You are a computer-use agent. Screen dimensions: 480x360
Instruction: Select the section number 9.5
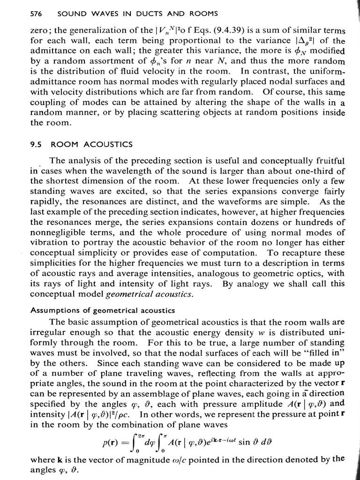click(37, 144)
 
